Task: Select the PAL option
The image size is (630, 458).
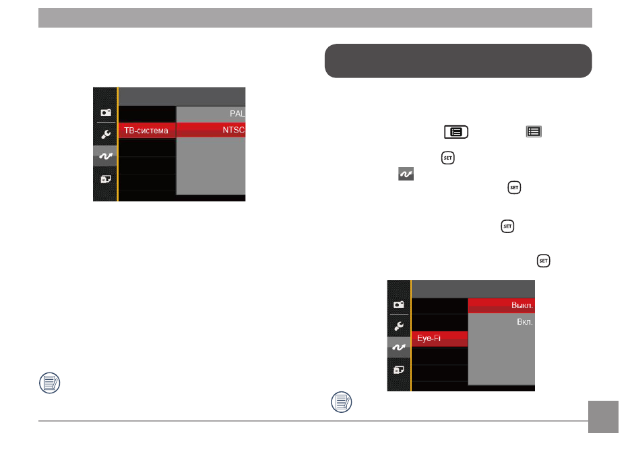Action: click(237, 114)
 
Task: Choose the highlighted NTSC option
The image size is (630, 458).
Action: click(233, 130)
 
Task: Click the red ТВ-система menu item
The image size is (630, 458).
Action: click(147, 131)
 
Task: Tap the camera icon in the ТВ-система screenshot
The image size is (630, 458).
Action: click(106, 113)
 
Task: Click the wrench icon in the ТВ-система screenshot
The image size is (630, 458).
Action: click(106, 134)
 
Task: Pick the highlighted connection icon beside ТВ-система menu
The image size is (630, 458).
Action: click(105, 156)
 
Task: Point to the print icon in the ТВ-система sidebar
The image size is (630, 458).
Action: click(106, 178)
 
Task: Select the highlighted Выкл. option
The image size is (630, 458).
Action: click(522, 305)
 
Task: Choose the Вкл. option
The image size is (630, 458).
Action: click(525, 322)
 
